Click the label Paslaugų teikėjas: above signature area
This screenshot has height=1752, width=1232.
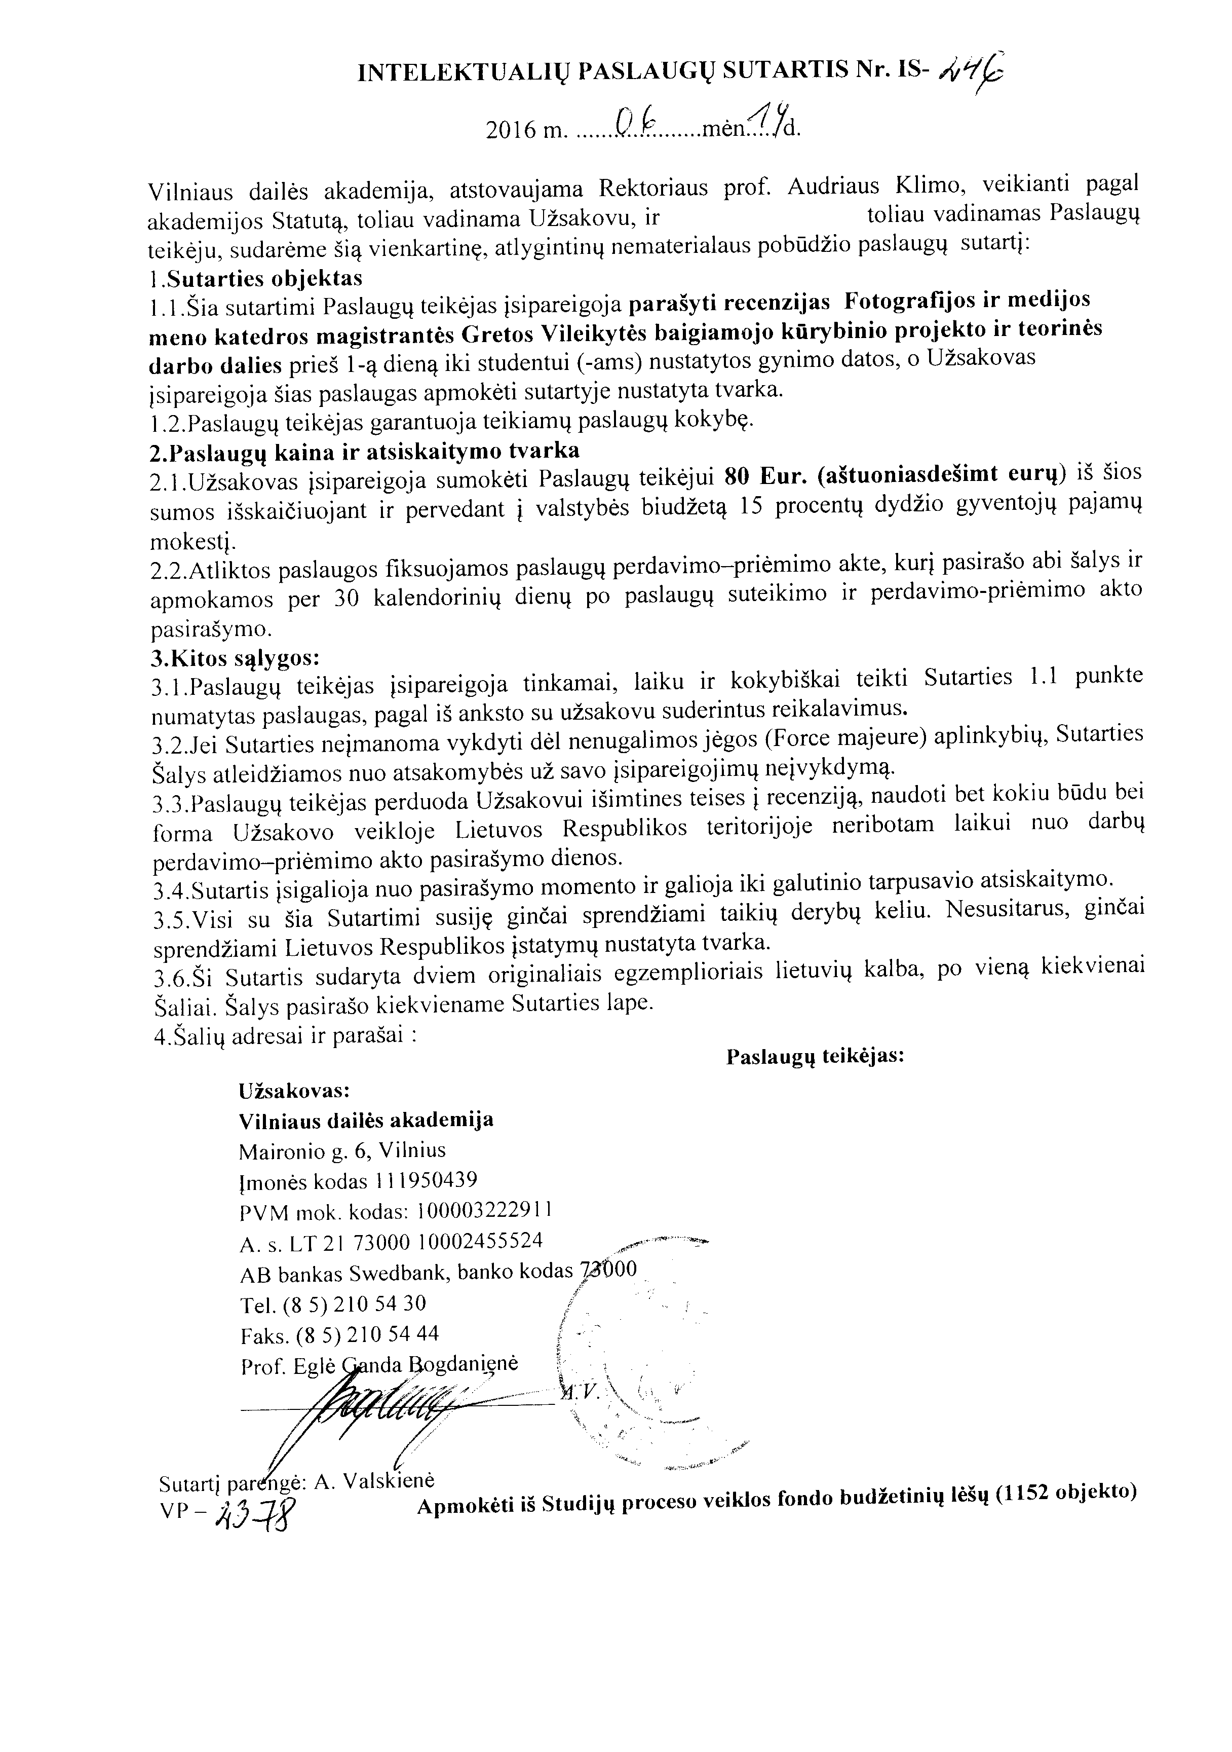(815, 1057)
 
